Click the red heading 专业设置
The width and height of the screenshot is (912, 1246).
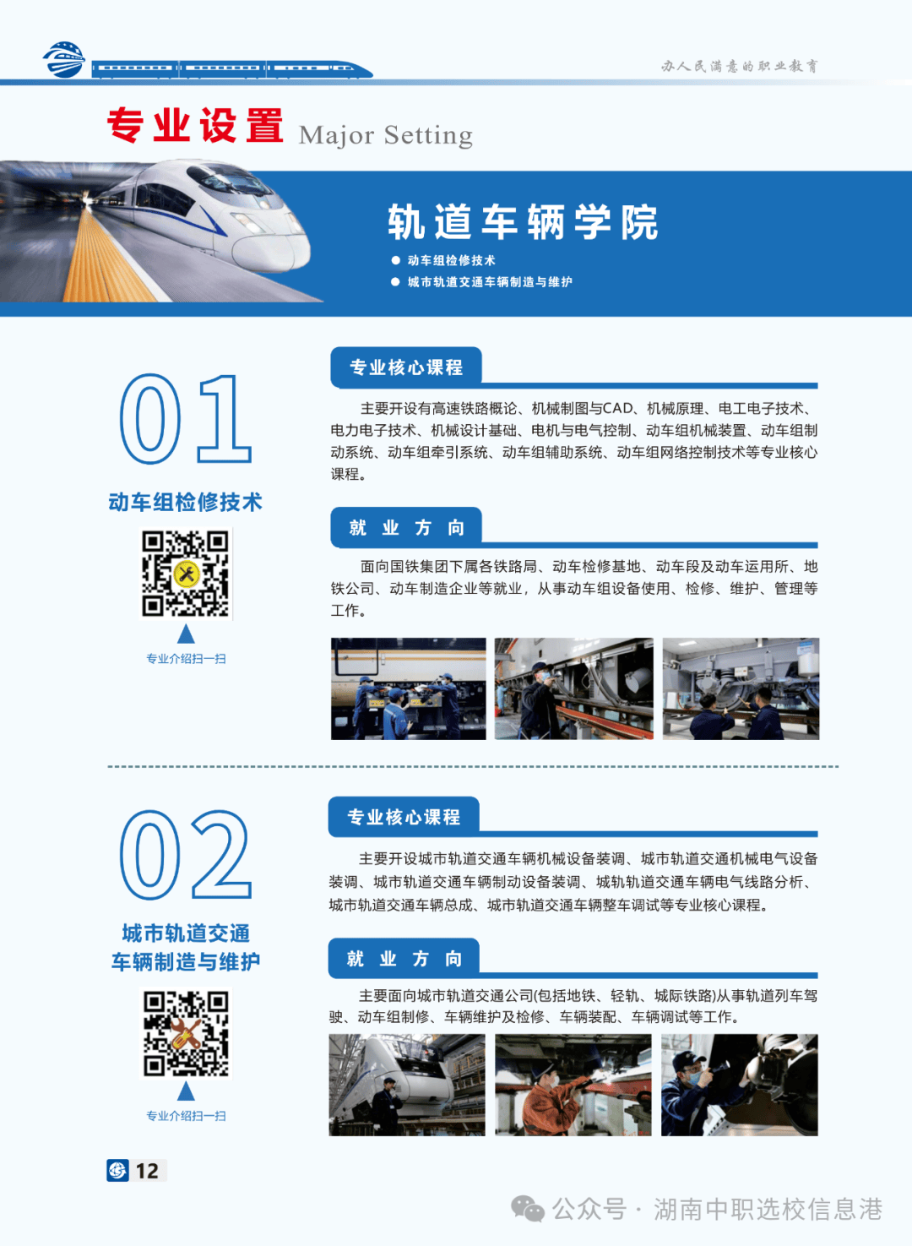(195, 127)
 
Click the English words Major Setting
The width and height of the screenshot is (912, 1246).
(385, 135)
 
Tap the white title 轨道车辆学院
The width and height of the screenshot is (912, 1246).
(523, 222)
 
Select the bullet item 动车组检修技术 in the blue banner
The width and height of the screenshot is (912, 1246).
(451, 260)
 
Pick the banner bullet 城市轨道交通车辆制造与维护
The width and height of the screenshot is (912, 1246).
(489, 281)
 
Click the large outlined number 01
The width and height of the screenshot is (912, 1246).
(185, 420)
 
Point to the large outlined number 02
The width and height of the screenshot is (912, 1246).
(185, 855)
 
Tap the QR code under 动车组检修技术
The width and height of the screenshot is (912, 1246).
(186, 574)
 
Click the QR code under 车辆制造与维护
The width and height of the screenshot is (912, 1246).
(186, 1033)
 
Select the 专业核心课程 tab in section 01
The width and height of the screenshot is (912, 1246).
(406, 367)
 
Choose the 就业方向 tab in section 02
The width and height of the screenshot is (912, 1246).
(404, 958)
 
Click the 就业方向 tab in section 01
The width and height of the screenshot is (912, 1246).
(406, 528)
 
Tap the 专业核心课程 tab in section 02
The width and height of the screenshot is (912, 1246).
(404, 817)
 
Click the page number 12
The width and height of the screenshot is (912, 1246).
(147, 1171)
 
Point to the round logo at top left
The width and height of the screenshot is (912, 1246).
(64, 60)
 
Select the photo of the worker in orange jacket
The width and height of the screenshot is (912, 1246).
(573, 1085)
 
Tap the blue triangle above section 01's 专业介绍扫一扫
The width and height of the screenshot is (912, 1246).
(186, 634)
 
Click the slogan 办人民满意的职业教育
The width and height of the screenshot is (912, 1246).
(739, 66)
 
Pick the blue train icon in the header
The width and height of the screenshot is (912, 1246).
(232, 68)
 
